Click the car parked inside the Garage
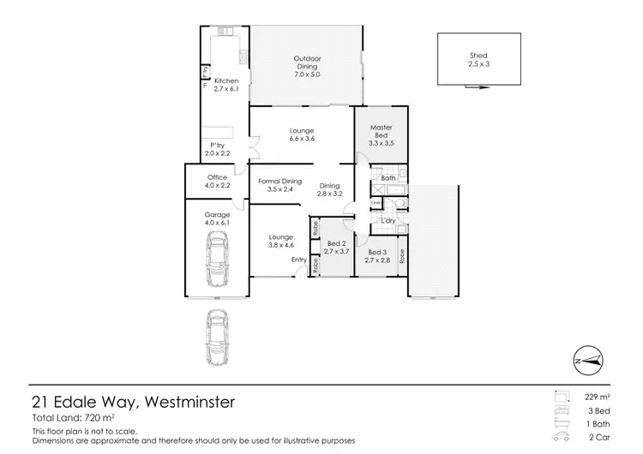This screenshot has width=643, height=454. (218, 264)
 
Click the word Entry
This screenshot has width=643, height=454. (298, 260)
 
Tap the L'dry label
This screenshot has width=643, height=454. (388, 221)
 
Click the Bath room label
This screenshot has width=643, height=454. (387, 179)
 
